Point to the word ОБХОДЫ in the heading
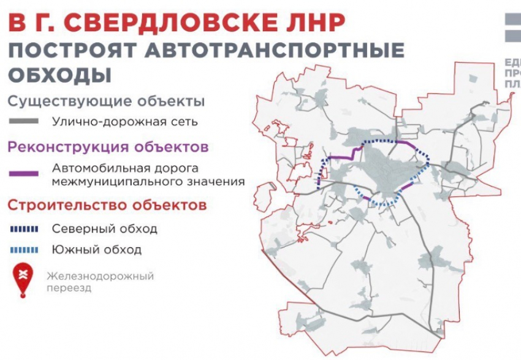click(60, 75)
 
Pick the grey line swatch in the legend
click(24, 121)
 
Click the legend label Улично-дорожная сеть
click(125, 121)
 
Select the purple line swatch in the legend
click(24, 174)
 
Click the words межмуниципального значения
click(148, 182)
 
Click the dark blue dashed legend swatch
click(24, 229)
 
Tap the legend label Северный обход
click(104, 229)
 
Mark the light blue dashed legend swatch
click(24, 250)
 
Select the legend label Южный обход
click(97, 250)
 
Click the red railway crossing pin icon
click(23, 279)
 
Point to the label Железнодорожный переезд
click(100, 281)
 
